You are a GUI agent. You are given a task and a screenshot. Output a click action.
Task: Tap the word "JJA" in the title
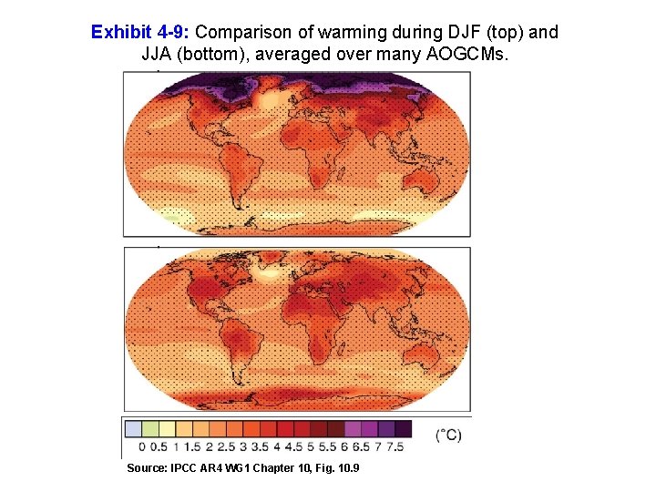tap(158, 54)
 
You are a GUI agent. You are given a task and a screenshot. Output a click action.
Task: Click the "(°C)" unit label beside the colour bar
tap(448, 436)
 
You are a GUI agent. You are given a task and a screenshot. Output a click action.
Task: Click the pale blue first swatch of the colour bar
tap(134, 429)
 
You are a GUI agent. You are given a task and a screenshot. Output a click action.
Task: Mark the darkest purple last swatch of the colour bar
tap(403, 429)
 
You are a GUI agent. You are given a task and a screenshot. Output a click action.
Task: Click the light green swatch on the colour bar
tap(150, 429)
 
